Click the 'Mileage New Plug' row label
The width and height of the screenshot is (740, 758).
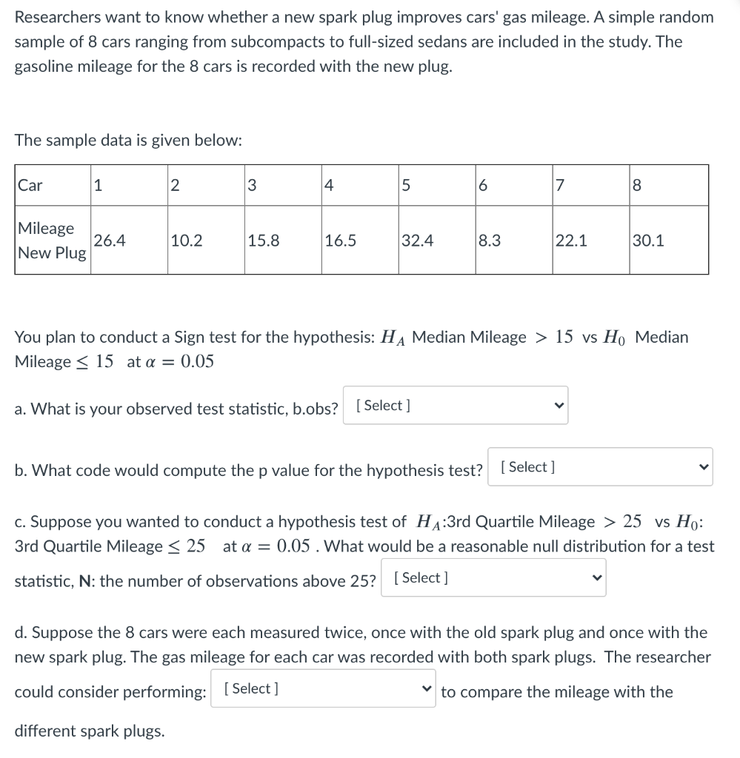click(52, 241)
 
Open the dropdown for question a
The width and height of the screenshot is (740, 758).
click(456, 406)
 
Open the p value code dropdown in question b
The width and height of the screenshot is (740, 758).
click(600, 467)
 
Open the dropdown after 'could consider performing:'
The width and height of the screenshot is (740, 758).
click(323, 689)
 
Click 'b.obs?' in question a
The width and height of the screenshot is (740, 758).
click(311, 409)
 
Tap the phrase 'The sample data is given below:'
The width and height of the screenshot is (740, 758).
click(128, 141)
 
